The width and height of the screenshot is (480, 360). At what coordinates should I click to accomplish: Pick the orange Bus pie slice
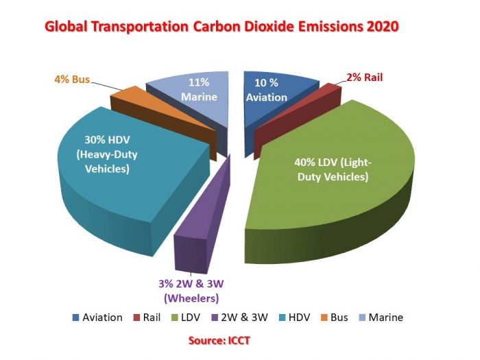[127, 103]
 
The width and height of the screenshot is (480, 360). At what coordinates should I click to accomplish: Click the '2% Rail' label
[364, 77]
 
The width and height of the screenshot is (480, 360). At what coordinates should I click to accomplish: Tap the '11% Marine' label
[199, 90]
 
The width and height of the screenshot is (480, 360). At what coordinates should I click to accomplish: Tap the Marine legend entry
[380, 317]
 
